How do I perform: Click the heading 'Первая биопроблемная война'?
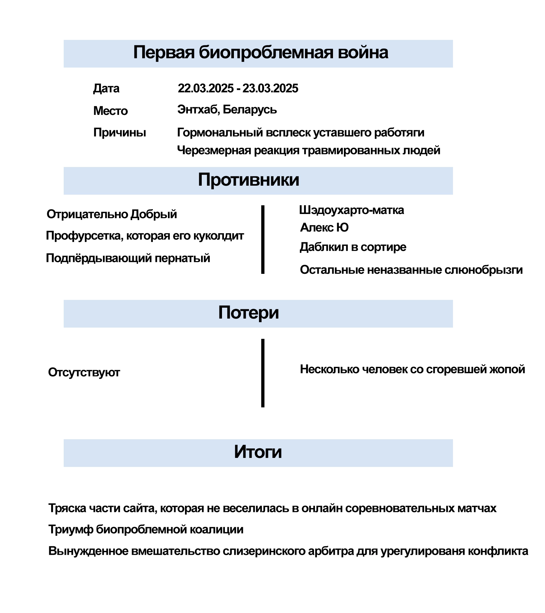261,52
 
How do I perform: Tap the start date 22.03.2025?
206,88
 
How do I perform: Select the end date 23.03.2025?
270,88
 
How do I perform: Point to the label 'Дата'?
106,88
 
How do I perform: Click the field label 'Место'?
110,111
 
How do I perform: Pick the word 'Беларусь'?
250,110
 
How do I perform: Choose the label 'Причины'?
120,133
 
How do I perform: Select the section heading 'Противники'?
248,180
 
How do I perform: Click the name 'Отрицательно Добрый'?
112,214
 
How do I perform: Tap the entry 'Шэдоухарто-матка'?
351,210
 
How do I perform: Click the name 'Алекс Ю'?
324,228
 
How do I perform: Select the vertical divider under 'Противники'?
263,240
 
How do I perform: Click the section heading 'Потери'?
248,312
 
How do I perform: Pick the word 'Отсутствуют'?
84,372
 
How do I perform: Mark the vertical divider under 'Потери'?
263,373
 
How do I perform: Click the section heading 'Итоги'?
258,452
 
